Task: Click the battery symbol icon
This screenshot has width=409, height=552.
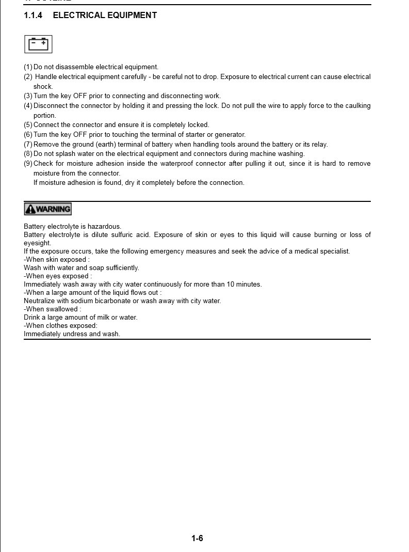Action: click(x=38, y=44)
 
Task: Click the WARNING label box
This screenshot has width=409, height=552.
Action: click(x=47, y=209)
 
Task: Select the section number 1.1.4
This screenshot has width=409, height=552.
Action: click(x=34, y=15)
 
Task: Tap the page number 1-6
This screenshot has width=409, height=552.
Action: click(x=197, y=539)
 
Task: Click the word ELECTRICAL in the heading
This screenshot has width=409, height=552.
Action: click(x=79, y=15)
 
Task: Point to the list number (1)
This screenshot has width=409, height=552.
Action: click(x=28, y=67)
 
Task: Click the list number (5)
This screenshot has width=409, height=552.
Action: click(x=28, y=125)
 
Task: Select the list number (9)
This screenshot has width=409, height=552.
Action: click(x=28, y=164)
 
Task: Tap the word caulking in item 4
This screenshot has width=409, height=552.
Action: click(x=357, y=106)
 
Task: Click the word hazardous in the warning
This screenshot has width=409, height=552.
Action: click(x=104, y=227)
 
